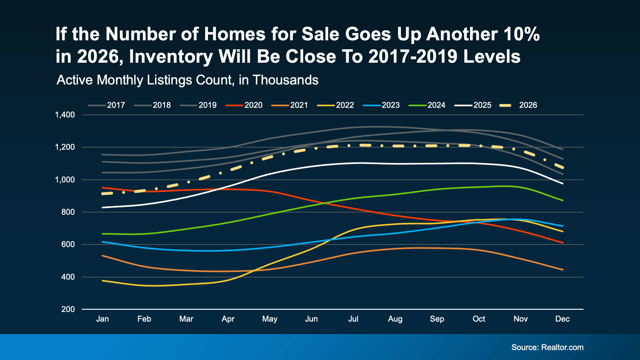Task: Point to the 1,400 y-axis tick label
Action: pyautogui.click(x=65, y=115)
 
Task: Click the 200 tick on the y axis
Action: pyautogui.click(x=68, y=309)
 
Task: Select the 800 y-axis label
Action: pyautogui.click(x=68, y=212)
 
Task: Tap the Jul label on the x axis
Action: pyautogui.click(x=353, y=319)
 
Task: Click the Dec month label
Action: pyautogui.click(x=562, y=319)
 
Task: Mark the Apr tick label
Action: pyautogui.click(x=228, y=319)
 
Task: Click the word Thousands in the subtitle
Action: pyautogui.click(x=285, y=80)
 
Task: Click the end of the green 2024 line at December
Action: pyautogui.click(x=563, y=200)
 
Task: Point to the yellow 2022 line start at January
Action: pyautogui.click(x=103, y=281)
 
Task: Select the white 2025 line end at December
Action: pyautogui.click(x=563, y=183)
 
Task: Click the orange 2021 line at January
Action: pyautogui.click(x=103, y=256)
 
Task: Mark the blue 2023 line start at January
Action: pyautogui.click(x=103, y=242)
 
